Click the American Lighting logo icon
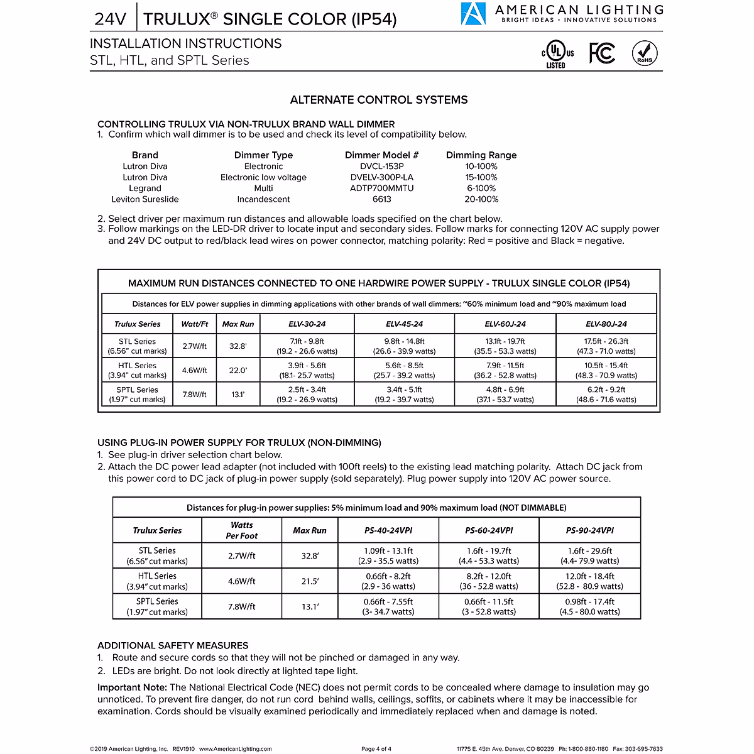click(473, 14)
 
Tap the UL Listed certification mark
click(556, 54)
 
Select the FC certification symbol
click(601, 53)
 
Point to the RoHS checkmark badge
click(645, 53)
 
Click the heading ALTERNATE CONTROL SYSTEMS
click(378, 100)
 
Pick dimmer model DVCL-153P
click(381, 167)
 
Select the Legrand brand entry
click(145, 188)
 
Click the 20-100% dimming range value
click(481, 199)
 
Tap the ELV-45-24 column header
click(404, 324)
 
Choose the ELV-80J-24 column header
click(606, 324)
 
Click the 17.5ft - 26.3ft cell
click(606, 346)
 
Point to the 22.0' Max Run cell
click(238, 371)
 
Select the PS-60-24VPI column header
click(489, 530)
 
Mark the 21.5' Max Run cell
click(310, 581)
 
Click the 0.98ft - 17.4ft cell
click(589, 606)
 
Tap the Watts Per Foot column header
click(242, 530)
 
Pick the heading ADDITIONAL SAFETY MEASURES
click(173, 645)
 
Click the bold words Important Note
click(132, 687)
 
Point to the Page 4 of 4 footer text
click(376, 749)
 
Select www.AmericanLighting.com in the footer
click(243, 749)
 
